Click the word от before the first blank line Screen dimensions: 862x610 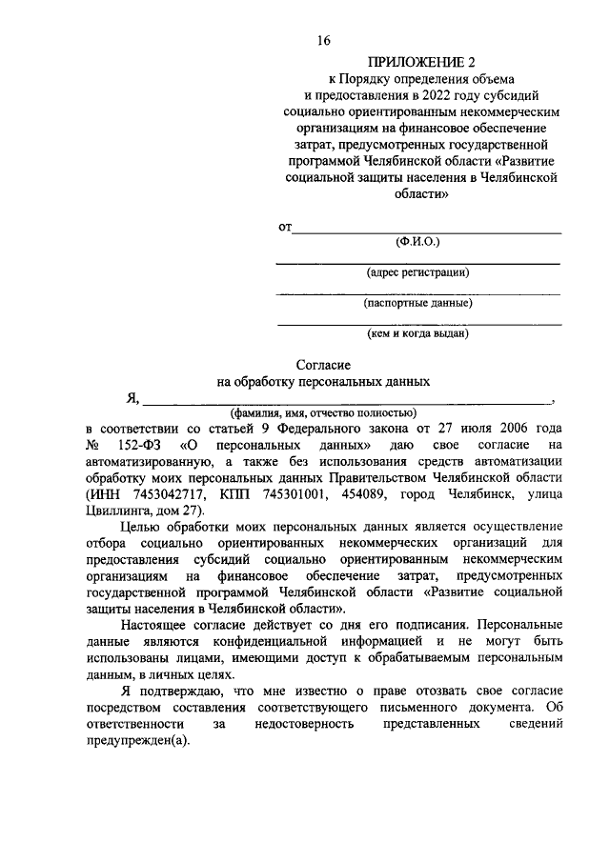click(284, 228)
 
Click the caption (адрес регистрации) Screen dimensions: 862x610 click(417, 272)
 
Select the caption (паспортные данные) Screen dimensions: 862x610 click(417, 304)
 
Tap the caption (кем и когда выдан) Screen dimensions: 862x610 click(417, 334)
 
